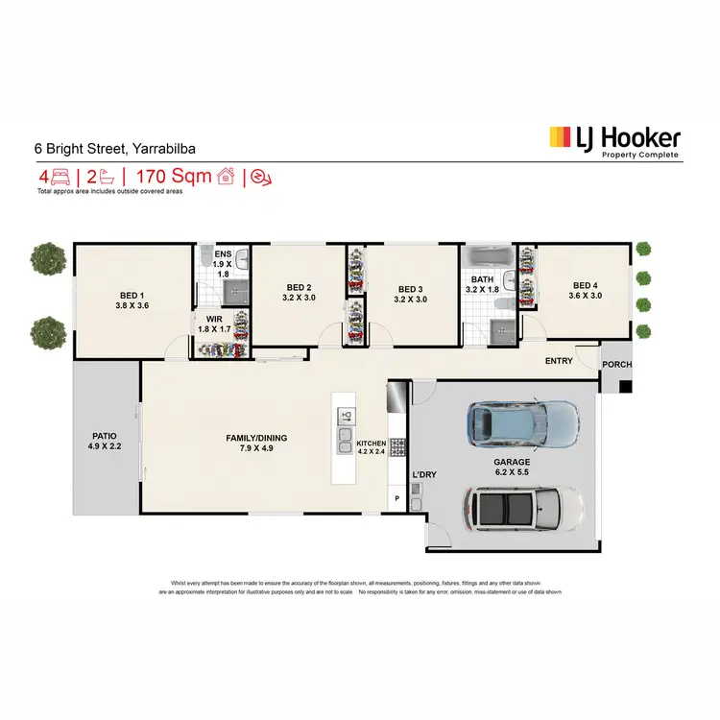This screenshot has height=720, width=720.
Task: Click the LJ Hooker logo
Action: tap(613, 142)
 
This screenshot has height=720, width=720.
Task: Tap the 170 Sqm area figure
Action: tap(173, 177)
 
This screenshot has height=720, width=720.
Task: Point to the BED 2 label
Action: tap(299, 293)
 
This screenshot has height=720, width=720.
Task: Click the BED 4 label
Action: tap(585, 291)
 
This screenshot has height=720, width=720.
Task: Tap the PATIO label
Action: tap(100, 440)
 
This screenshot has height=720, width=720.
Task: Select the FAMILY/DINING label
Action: tap(256, 444)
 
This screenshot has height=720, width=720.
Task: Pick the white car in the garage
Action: tap(523, 506)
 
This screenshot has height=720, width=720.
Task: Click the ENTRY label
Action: tap(559, 361)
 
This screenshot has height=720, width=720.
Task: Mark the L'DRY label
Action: tap(423, 474)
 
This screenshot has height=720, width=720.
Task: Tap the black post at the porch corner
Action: tap(625, 387)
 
